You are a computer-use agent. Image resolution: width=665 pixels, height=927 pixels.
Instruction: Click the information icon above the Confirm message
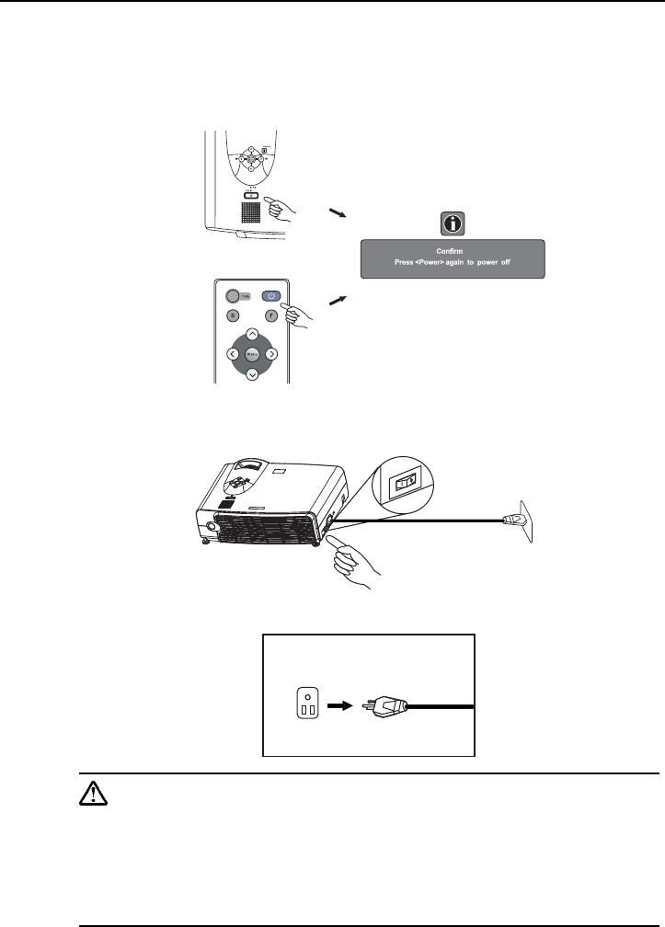pyautogui.click(x=451, y=222)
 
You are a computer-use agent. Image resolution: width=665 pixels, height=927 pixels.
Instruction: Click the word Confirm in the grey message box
pyautogui.click(x=451, y=249)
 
